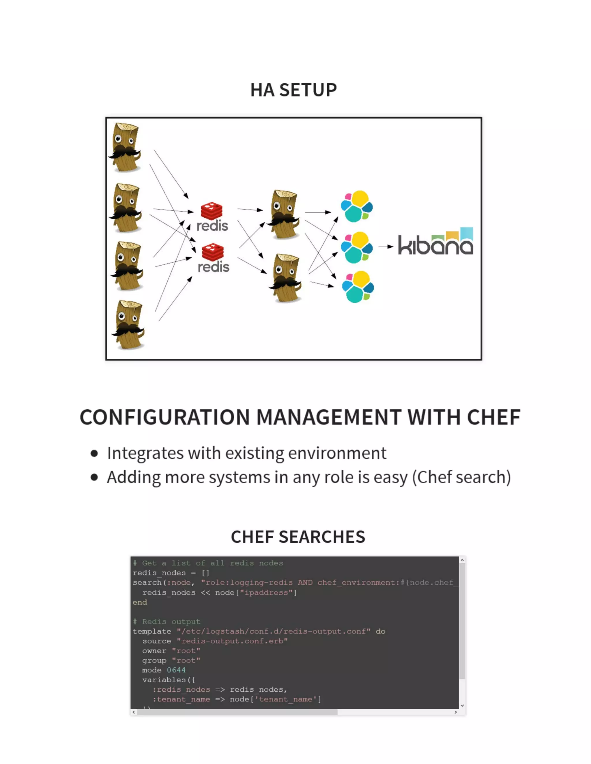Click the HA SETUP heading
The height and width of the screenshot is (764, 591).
293,90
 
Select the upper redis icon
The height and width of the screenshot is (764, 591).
212,217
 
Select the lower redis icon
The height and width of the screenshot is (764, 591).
213,258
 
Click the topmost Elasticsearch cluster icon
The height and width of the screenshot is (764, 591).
357,206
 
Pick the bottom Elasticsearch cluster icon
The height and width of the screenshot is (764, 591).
358,287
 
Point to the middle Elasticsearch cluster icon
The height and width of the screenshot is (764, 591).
357,247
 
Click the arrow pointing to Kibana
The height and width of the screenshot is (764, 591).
386,246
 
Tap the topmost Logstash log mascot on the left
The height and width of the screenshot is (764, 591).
125,147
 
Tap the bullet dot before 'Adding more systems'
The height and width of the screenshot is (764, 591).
94,477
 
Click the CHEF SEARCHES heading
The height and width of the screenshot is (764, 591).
298,537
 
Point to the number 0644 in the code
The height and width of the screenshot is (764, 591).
176,670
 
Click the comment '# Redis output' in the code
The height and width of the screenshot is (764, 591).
167,621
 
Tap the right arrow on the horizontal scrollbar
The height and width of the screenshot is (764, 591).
455,712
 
